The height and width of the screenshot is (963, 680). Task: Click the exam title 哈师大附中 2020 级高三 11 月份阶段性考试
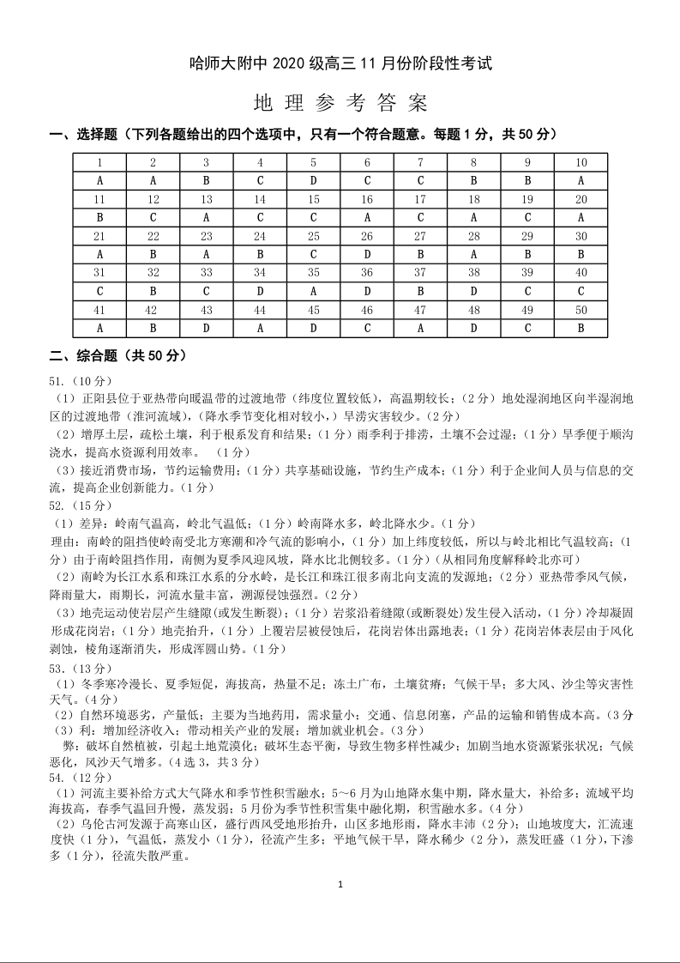point(340,64)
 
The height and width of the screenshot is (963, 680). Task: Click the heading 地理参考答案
point(340,103)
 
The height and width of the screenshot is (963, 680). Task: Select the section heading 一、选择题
point(84,135)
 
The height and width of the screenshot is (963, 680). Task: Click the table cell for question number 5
point(314,162)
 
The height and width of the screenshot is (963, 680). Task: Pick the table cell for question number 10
point(581,162)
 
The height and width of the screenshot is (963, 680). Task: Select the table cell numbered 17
point(420,199)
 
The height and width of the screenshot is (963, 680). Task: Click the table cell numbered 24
point(260,236)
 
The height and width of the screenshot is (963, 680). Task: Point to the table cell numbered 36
point(367,272)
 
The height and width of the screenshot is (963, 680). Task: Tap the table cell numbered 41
point(99,310)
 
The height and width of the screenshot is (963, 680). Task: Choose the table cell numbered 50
point(581,310)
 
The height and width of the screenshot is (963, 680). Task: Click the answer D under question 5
point(314,180)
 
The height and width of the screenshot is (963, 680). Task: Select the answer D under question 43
point(207,328)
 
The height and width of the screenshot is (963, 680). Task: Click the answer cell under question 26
point(367,254)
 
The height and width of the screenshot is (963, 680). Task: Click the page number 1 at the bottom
point(340,884)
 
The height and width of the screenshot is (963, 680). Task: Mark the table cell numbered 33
point(207,272)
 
